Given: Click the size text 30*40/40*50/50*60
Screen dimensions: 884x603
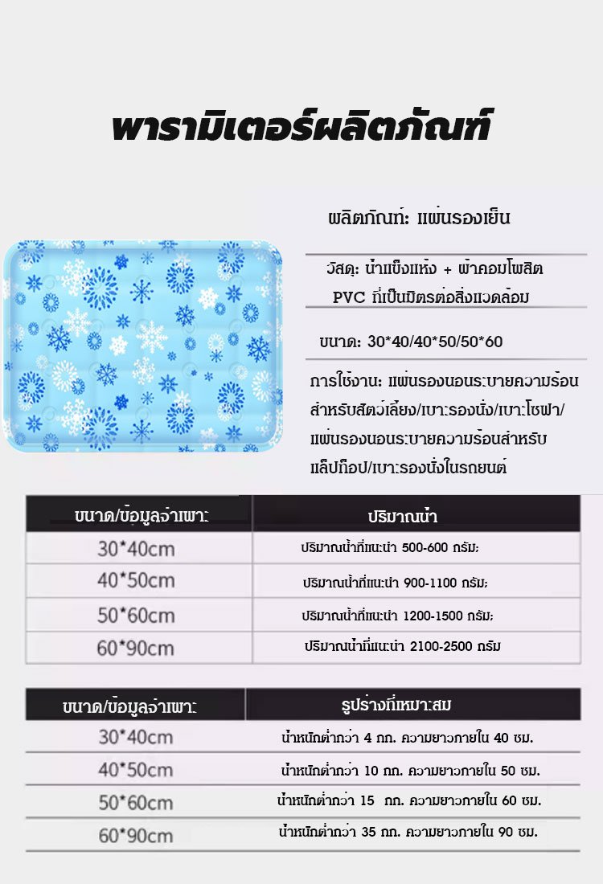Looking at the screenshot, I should tap(411, 342).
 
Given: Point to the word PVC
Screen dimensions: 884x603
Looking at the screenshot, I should tap(349, 297).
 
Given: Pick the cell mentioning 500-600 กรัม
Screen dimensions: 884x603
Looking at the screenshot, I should tap(396, 548).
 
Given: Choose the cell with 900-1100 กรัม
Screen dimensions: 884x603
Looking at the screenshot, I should tap(396, 582).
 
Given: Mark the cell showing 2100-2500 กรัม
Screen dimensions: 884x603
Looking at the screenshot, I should tap(403, 646).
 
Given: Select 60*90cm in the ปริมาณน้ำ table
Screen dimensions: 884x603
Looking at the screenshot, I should tap(135, 648).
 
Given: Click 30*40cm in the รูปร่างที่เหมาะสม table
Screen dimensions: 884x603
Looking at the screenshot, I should tap(136, 736).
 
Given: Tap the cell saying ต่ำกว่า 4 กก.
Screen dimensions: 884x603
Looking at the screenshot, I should tap(408, 736).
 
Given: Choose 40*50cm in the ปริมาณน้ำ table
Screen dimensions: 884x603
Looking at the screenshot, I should tap(135, 581).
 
